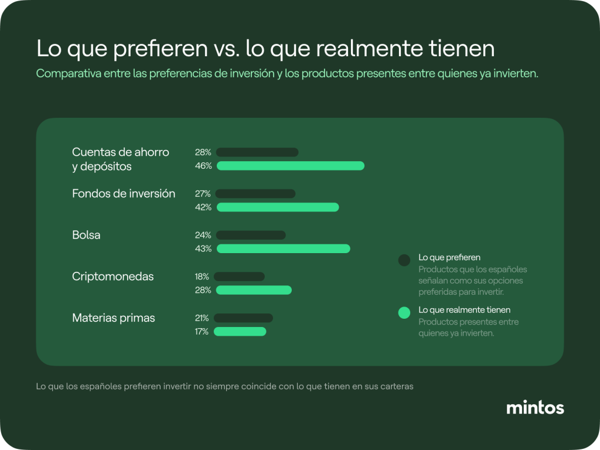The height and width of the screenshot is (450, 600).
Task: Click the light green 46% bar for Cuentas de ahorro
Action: (x=291, y=166)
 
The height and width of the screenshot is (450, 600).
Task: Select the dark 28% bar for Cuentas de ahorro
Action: (x=257, y=152)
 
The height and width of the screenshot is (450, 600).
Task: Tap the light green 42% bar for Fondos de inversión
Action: (x=278, y=207)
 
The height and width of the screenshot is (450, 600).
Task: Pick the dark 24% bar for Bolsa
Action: (x=251, y=235)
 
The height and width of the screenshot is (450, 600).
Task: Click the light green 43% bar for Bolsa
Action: (x=284, y=248)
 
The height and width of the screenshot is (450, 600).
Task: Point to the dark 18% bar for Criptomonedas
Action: (x=239, y=277)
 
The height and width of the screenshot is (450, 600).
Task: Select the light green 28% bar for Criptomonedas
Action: (x=254, y=290)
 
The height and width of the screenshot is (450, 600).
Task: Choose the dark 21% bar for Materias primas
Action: (x=243, y=318)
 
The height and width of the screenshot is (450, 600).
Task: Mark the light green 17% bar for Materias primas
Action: (x=240, y=332)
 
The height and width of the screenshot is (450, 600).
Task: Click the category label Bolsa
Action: (x=86, y=235)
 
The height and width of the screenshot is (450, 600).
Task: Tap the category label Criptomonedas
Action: (x=113, y=277)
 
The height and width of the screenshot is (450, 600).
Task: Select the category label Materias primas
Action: (x=114, y=318)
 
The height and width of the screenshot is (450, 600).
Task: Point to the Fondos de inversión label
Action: (x=124, y=193)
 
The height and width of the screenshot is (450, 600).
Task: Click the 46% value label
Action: (x=203, y=166)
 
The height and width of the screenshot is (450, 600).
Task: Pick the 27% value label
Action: (x=203, y=193)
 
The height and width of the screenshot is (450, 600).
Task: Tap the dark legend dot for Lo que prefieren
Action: (x=404, y=260)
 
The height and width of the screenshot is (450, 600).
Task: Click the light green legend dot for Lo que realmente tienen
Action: (x=404, y=313)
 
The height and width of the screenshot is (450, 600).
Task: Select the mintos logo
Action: (x=535, y=408)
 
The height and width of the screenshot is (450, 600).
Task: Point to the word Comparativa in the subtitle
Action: (x=69, y=73)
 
